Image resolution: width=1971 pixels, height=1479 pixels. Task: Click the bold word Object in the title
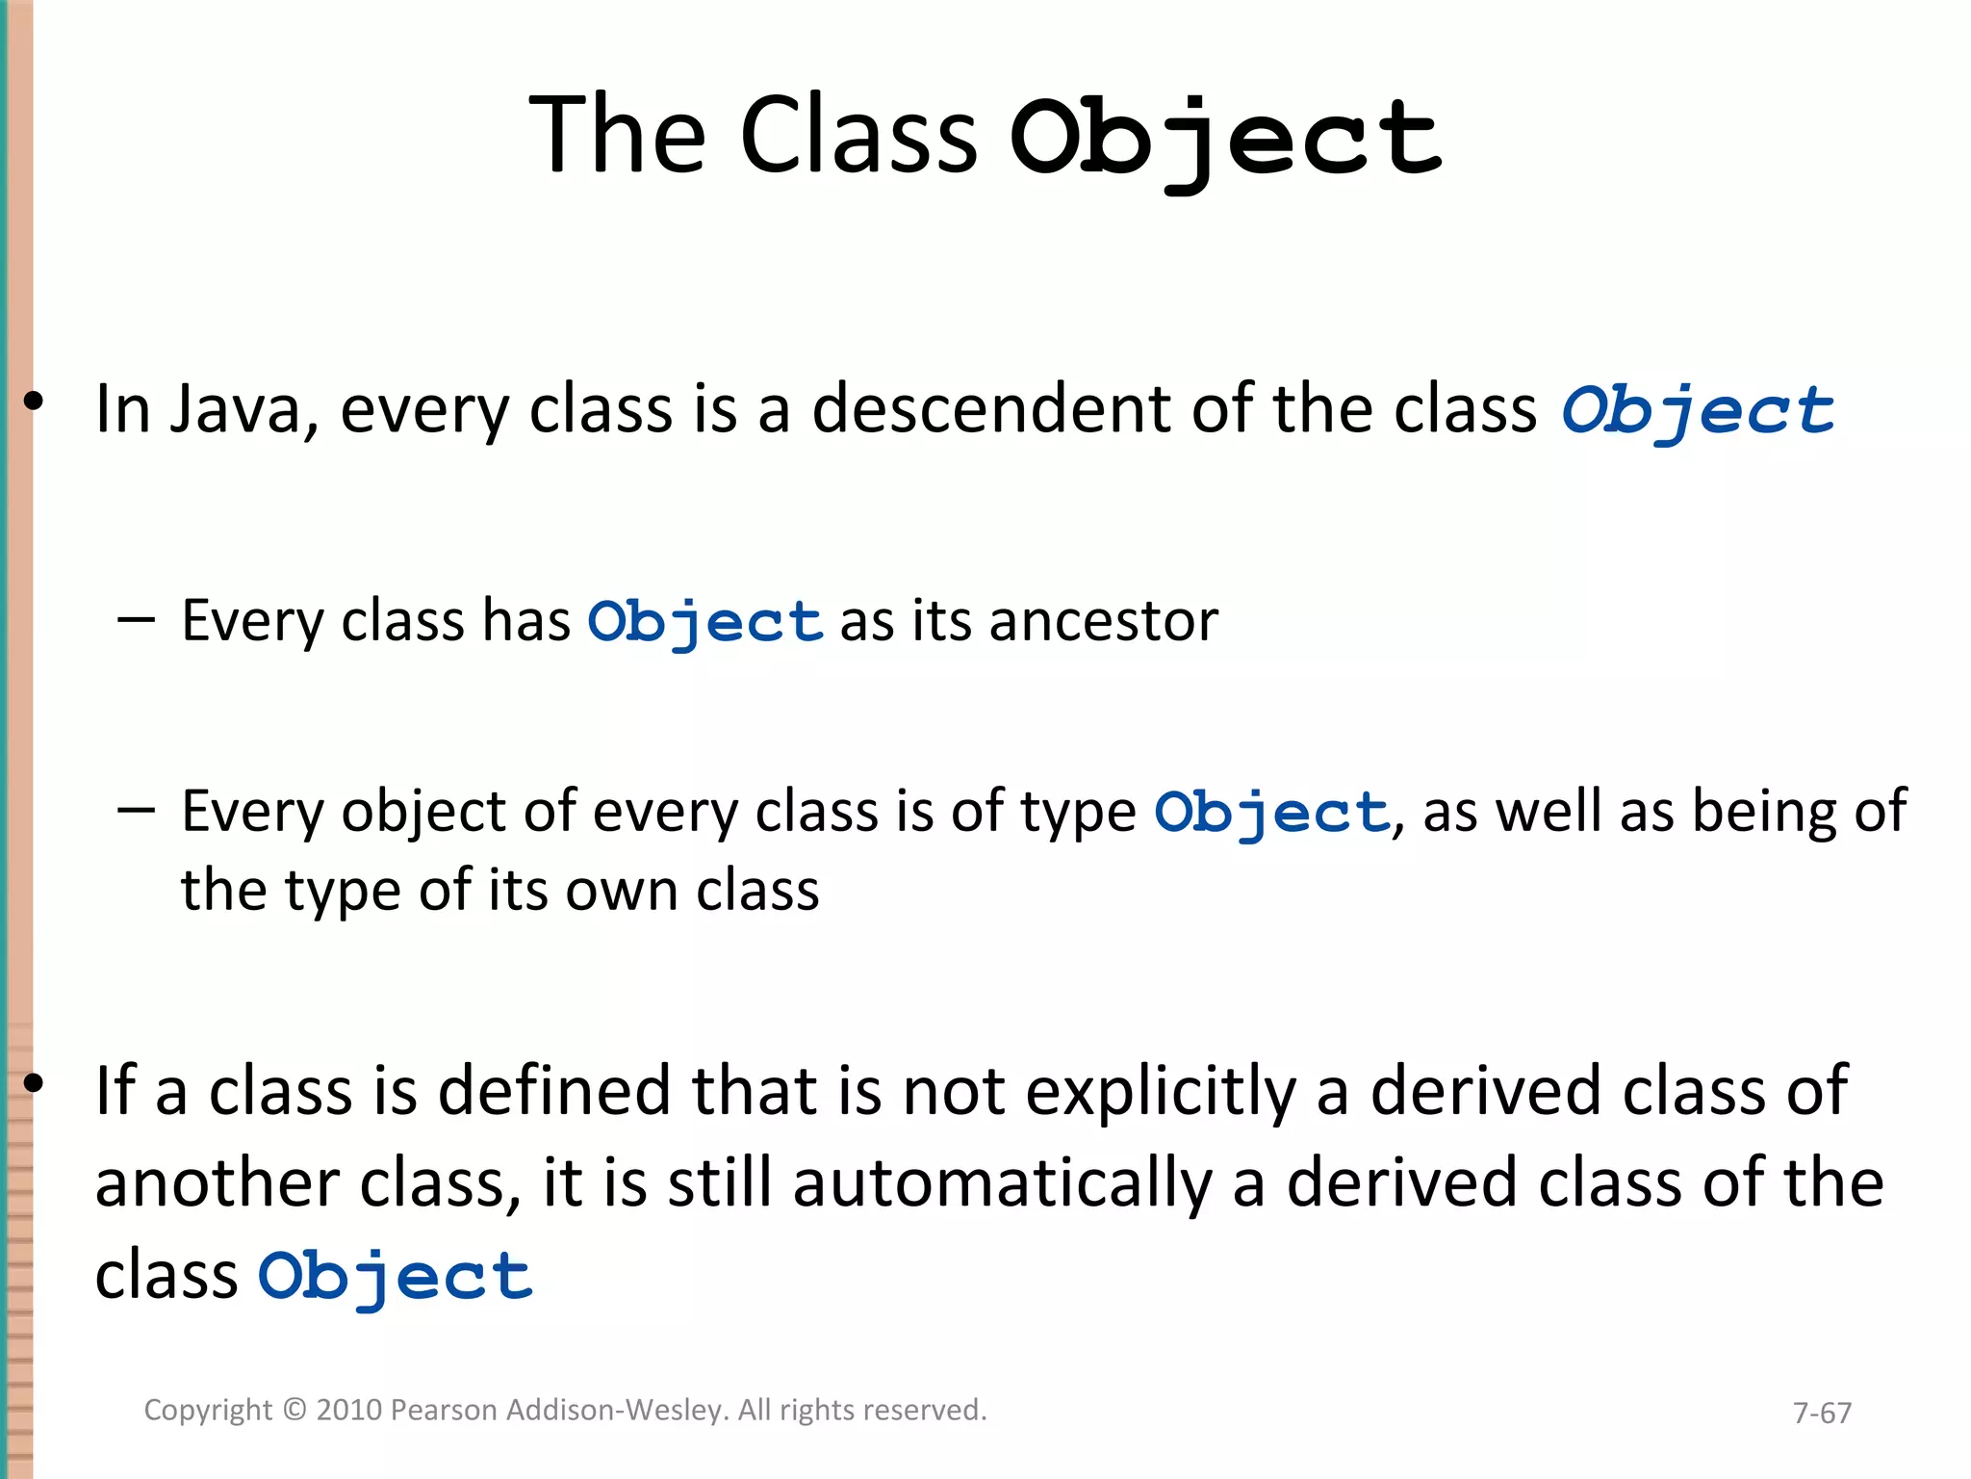click(1224, 140)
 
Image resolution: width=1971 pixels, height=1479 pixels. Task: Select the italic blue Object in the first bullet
click(1698, 411)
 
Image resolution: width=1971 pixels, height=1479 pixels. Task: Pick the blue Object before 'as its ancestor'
click(705, 622)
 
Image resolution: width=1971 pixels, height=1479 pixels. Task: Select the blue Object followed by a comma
click(1270, 813)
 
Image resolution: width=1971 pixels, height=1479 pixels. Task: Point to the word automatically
click(1002, 1184)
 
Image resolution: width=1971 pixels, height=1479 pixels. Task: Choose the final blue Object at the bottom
click(395, 1278)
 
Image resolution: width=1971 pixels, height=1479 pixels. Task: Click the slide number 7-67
click(1822, 1413)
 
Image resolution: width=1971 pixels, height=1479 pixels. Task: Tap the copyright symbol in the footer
click(294, 1410)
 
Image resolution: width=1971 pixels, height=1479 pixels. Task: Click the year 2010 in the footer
click(349, 1410)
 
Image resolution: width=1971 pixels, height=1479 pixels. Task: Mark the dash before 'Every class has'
click(136, 621)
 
